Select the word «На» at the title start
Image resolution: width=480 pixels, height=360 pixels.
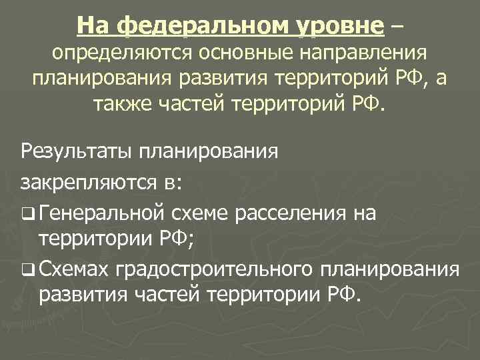pyautogui.click(x=93, y=26)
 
